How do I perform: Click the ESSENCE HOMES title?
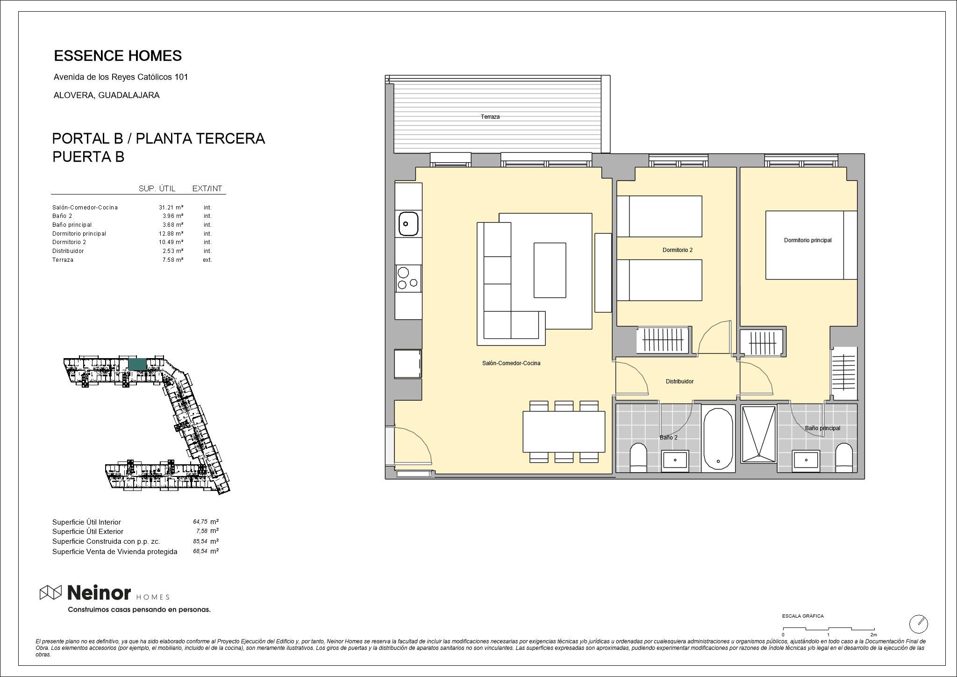coord(118,56)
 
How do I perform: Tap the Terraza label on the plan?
coord(490,117)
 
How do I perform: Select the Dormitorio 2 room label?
coord(678,250)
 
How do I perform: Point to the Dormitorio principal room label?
coord(807,240)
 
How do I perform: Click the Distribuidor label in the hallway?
coord(679,382)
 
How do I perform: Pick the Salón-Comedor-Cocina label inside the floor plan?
coord(511,363)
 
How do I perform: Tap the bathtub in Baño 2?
coord(718,439)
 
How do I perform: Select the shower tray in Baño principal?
coord(758,434)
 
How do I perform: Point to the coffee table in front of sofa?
coord(550,270)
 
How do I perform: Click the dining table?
coord(564,432)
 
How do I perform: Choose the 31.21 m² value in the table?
coord(171,208)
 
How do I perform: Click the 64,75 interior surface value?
coord(200,522)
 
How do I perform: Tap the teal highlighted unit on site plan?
coord(137,364)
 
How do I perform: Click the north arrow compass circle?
coord(919,624)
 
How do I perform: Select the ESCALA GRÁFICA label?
coord(803,616)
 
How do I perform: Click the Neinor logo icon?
coord(50,592)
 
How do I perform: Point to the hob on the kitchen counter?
coord(408,279)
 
